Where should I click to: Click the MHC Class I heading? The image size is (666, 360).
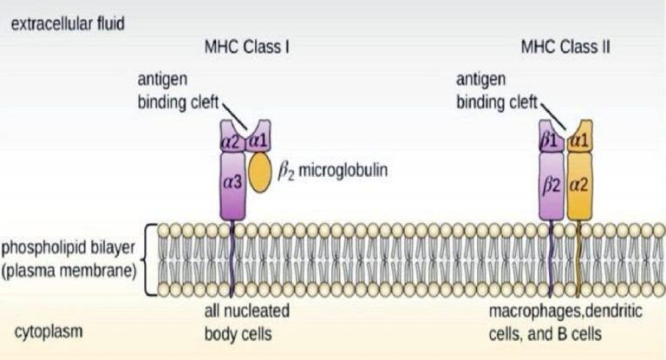(x=247, y=46)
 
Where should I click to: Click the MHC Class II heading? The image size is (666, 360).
(x=565, y=46)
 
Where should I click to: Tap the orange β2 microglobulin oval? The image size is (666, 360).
(x=259, y=173)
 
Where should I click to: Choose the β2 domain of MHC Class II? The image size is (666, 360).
(x=552, y=187)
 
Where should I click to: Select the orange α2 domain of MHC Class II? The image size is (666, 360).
(x=580, y=187)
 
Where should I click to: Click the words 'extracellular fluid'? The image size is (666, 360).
(x=68, y=23)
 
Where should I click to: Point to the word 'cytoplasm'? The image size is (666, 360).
(x=49, y=331)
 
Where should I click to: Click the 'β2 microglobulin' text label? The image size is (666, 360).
(x=333, y=171)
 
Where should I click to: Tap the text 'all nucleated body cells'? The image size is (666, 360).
(x=247, y=322)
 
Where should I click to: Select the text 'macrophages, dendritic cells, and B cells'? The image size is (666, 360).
(x=565, y=322)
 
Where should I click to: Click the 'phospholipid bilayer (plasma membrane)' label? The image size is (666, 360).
(x=69, y=259)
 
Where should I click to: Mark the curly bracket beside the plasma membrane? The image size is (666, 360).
(x=147, y=259)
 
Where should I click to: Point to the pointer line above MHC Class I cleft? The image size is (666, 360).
(x=234, y=115)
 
